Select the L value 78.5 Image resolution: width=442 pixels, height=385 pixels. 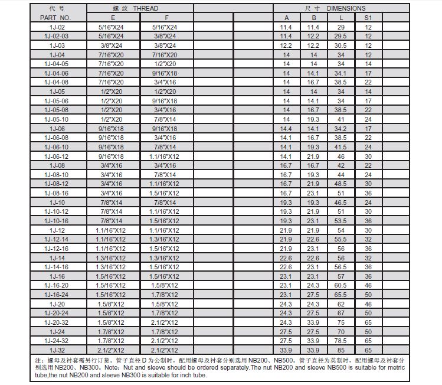point(340,341)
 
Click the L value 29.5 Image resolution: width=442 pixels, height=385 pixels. point(340,37)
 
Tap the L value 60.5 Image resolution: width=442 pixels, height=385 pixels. point(340,285)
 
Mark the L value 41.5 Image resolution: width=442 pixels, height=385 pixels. point(340,147)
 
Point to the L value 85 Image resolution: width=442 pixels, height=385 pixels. point(340,350)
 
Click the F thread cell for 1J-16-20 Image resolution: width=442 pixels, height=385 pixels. point(165,285)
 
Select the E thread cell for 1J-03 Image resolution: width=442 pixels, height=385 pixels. point(112,45)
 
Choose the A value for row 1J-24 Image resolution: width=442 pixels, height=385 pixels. point(286,331)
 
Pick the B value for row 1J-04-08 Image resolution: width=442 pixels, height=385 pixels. point(313,83)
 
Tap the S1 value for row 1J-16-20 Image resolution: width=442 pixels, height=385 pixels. point(368,285)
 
